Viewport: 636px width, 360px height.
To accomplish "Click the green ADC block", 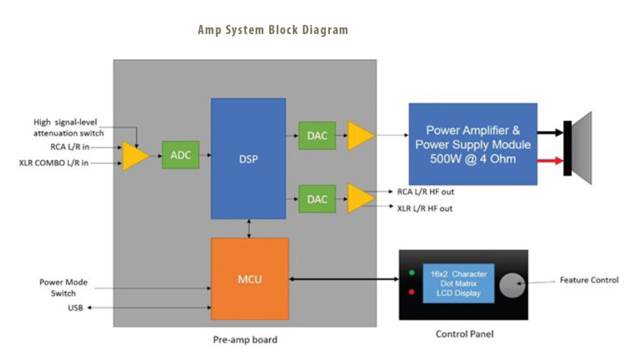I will pyautogui.click(x=180, y=155).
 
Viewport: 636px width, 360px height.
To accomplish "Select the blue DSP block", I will pyautogui.click(x=248, y=158).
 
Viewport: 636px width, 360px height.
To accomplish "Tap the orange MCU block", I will pyautogui.click(x=250, y=279).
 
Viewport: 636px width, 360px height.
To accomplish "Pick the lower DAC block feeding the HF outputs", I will pyautogui.click(x=317, y=199).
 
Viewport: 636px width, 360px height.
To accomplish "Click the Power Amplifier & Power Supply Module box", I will pyautogui.click(x=473, y=144).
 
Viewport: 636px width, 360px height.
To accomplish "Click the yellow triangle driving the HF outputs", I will pyautogui.click(x=360, y=199).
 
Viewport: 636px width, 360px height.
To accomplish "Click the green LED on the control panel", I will pyautogui.click(x=411, y=272).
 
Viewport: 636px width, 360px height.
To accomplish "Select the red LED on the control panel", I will pyautogui.click(x=411, y=292).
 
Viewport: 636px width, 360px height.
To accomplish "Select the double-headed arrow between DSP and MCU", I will pyautogui.click(x=249, y=228).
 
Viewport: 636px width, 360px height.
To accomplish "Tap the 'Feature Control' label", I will pyautogui.click(x=589, y=280).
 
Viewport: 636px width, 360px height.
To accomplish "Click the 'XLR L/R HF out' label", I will pyautogui.click(x=425, y=209).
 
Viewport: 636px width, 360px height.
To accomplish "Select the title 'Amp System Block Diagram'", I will pyautogui.click(x=273, y=30).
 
